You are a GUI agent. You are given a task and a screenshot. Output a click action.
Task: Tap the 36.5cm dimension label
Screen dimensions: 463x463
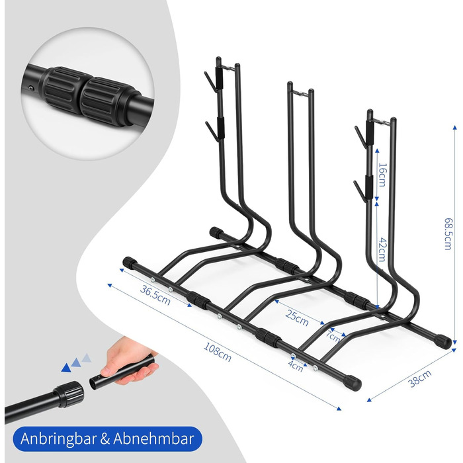pyautogui.click(x=155, y=295)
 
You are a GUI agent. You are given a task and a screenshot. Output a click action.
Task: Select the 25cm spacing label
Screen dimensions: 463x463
pyautogui.click(x=297, y=317)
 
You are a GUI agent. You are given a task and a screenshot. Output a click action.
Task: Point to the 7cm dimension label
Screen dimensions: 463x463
pyautogui.click(x=333, y=336)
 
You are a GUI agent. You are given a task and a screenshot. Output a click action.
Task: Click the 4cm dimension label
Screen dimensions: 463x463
pyautogui.click(x=296, y=365)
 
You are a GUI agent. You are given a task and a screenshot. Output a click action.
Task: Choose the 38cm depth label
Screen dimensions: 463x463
pyautogui.click(x=419, y=378)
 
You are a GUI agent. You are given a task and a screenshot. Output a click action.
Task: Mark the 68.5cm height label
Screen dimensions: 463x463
pyautogui.click(x=448, y=234)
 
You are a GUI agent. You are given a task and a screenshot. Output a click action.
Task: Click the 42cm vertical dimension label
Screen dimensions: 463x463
pyautogui.click(x=382, y=249)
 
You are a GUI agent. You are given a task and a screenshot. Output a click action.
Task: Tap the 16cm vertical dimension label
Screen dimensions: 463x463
pyautogui.click(x=382, y=175)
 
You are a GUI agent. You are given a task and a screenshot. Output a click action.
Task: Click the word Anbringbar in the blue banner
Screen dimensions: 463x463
pyautogui.click(x=58, y=439)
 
